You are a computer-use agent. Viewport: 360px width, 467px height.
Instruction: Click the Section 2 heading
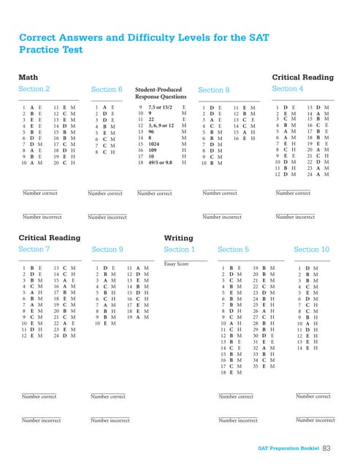34,89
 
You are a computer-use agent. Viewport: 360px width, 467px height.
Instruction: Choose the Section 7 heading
34,250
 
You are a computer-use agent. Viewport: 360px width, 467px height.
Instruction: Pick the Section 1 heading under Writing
179,250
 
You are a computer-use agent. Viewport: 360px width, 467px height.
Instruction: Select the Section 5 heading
234,250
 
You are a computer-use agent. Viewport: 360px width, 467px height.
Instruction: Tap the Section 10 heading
311,250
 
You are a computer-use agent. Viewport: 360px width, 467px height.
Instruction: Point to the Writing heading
178,238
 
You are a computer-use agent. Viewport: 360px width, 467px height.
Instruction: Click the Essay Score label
176,264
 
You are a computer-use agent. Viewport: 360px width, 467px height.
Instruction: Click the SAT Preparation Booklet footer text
288,448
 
